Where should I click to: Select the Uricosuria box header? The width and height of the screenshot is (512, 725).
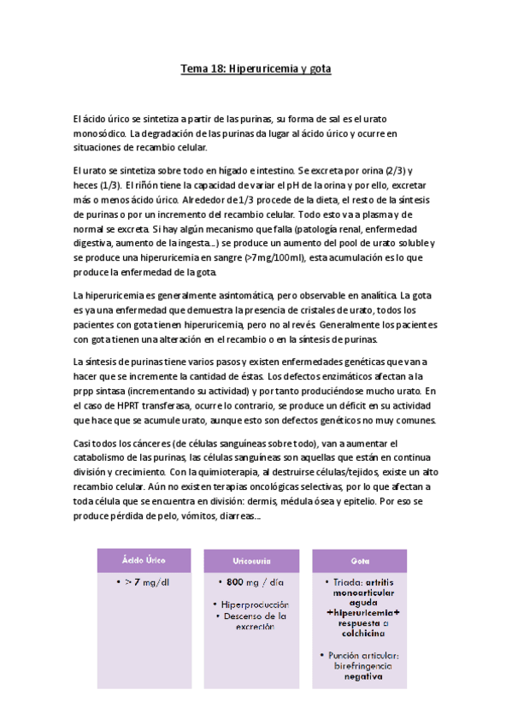pyautogui.click(x=251, y=560)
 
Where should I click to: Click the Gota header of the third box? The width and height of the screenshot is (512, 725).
pyautogui.click(x=360, y=560)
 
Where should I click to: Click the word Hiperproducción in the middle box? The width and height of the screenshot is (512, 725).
pyautogui.click(x=256, y=604)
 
